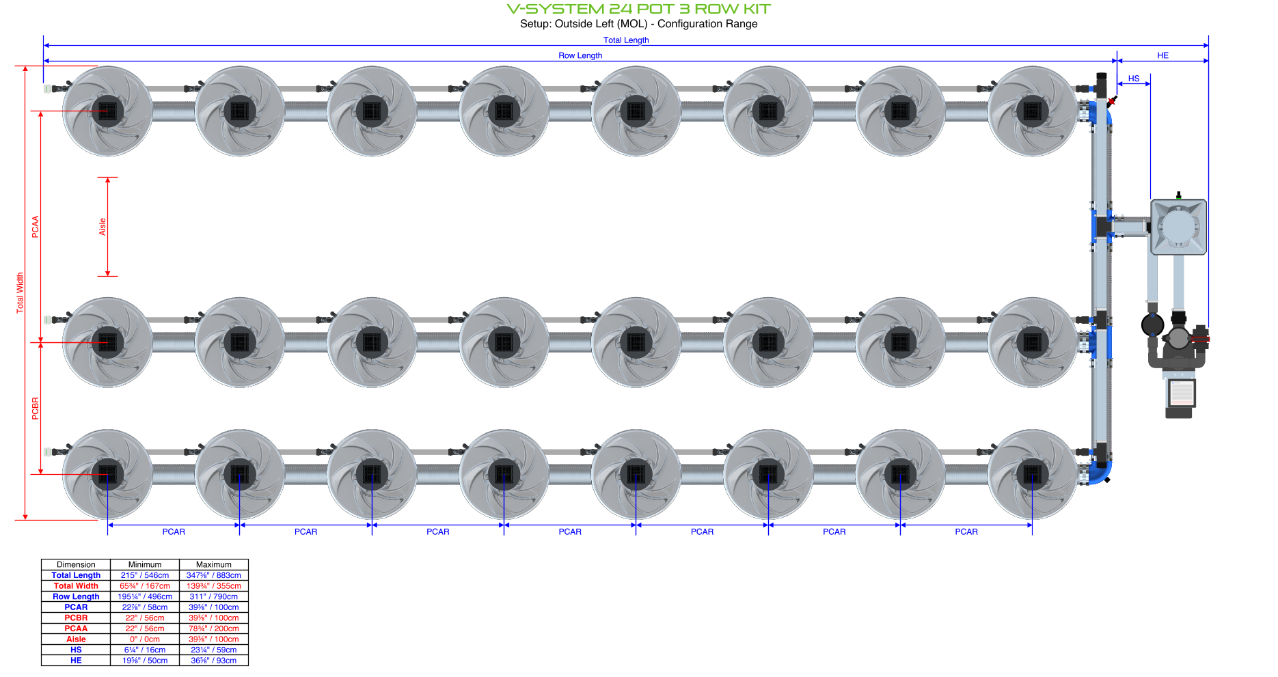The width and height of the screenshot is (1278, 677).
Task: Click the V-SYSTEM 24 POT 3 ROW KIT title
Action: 638,9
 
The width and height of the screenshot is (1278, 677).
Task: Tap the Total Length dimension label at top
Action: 626,40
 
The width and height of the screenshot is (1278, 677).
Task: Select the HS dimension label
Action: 1134,79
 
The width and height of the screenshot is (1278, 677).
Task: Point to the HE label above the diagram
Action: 1163,55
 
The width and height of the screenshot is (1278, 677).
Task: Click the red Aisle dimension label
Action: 103,227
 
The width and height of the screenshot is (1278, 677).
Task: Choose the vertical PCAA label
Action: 36,227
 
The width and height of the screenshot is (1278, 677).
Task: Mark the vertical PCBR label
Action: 36,408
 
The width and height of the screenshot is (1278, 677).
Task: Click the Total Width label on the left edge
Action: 20,293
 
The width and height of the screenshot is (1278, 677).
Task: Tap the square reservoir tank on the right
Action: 1178,227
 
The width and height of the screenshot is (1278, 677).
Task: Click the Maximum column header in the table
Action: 213,564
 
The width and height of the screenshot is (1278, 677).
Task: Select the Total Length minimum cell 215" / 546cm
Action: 145,575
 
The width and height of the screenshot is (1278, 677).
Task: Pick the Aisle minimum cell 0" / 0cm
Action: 145,639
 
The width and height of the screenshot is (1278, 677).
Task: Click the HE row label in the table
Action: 76,661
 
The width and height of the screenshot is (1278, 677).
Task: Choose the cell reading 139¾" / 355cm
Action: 213,586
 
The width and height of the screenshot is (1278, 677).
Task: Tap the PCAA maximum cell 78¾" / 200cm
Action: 213,628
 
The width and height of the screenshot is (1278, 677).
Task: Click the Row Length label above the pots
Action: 580,55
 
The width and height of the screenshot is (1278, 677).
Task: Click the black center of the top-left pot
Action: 107,111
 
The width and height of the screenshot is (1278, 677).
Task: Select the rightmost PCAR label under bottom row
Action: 966,531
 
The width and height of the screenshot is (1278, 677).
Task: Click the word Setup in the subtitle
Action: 534,24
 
